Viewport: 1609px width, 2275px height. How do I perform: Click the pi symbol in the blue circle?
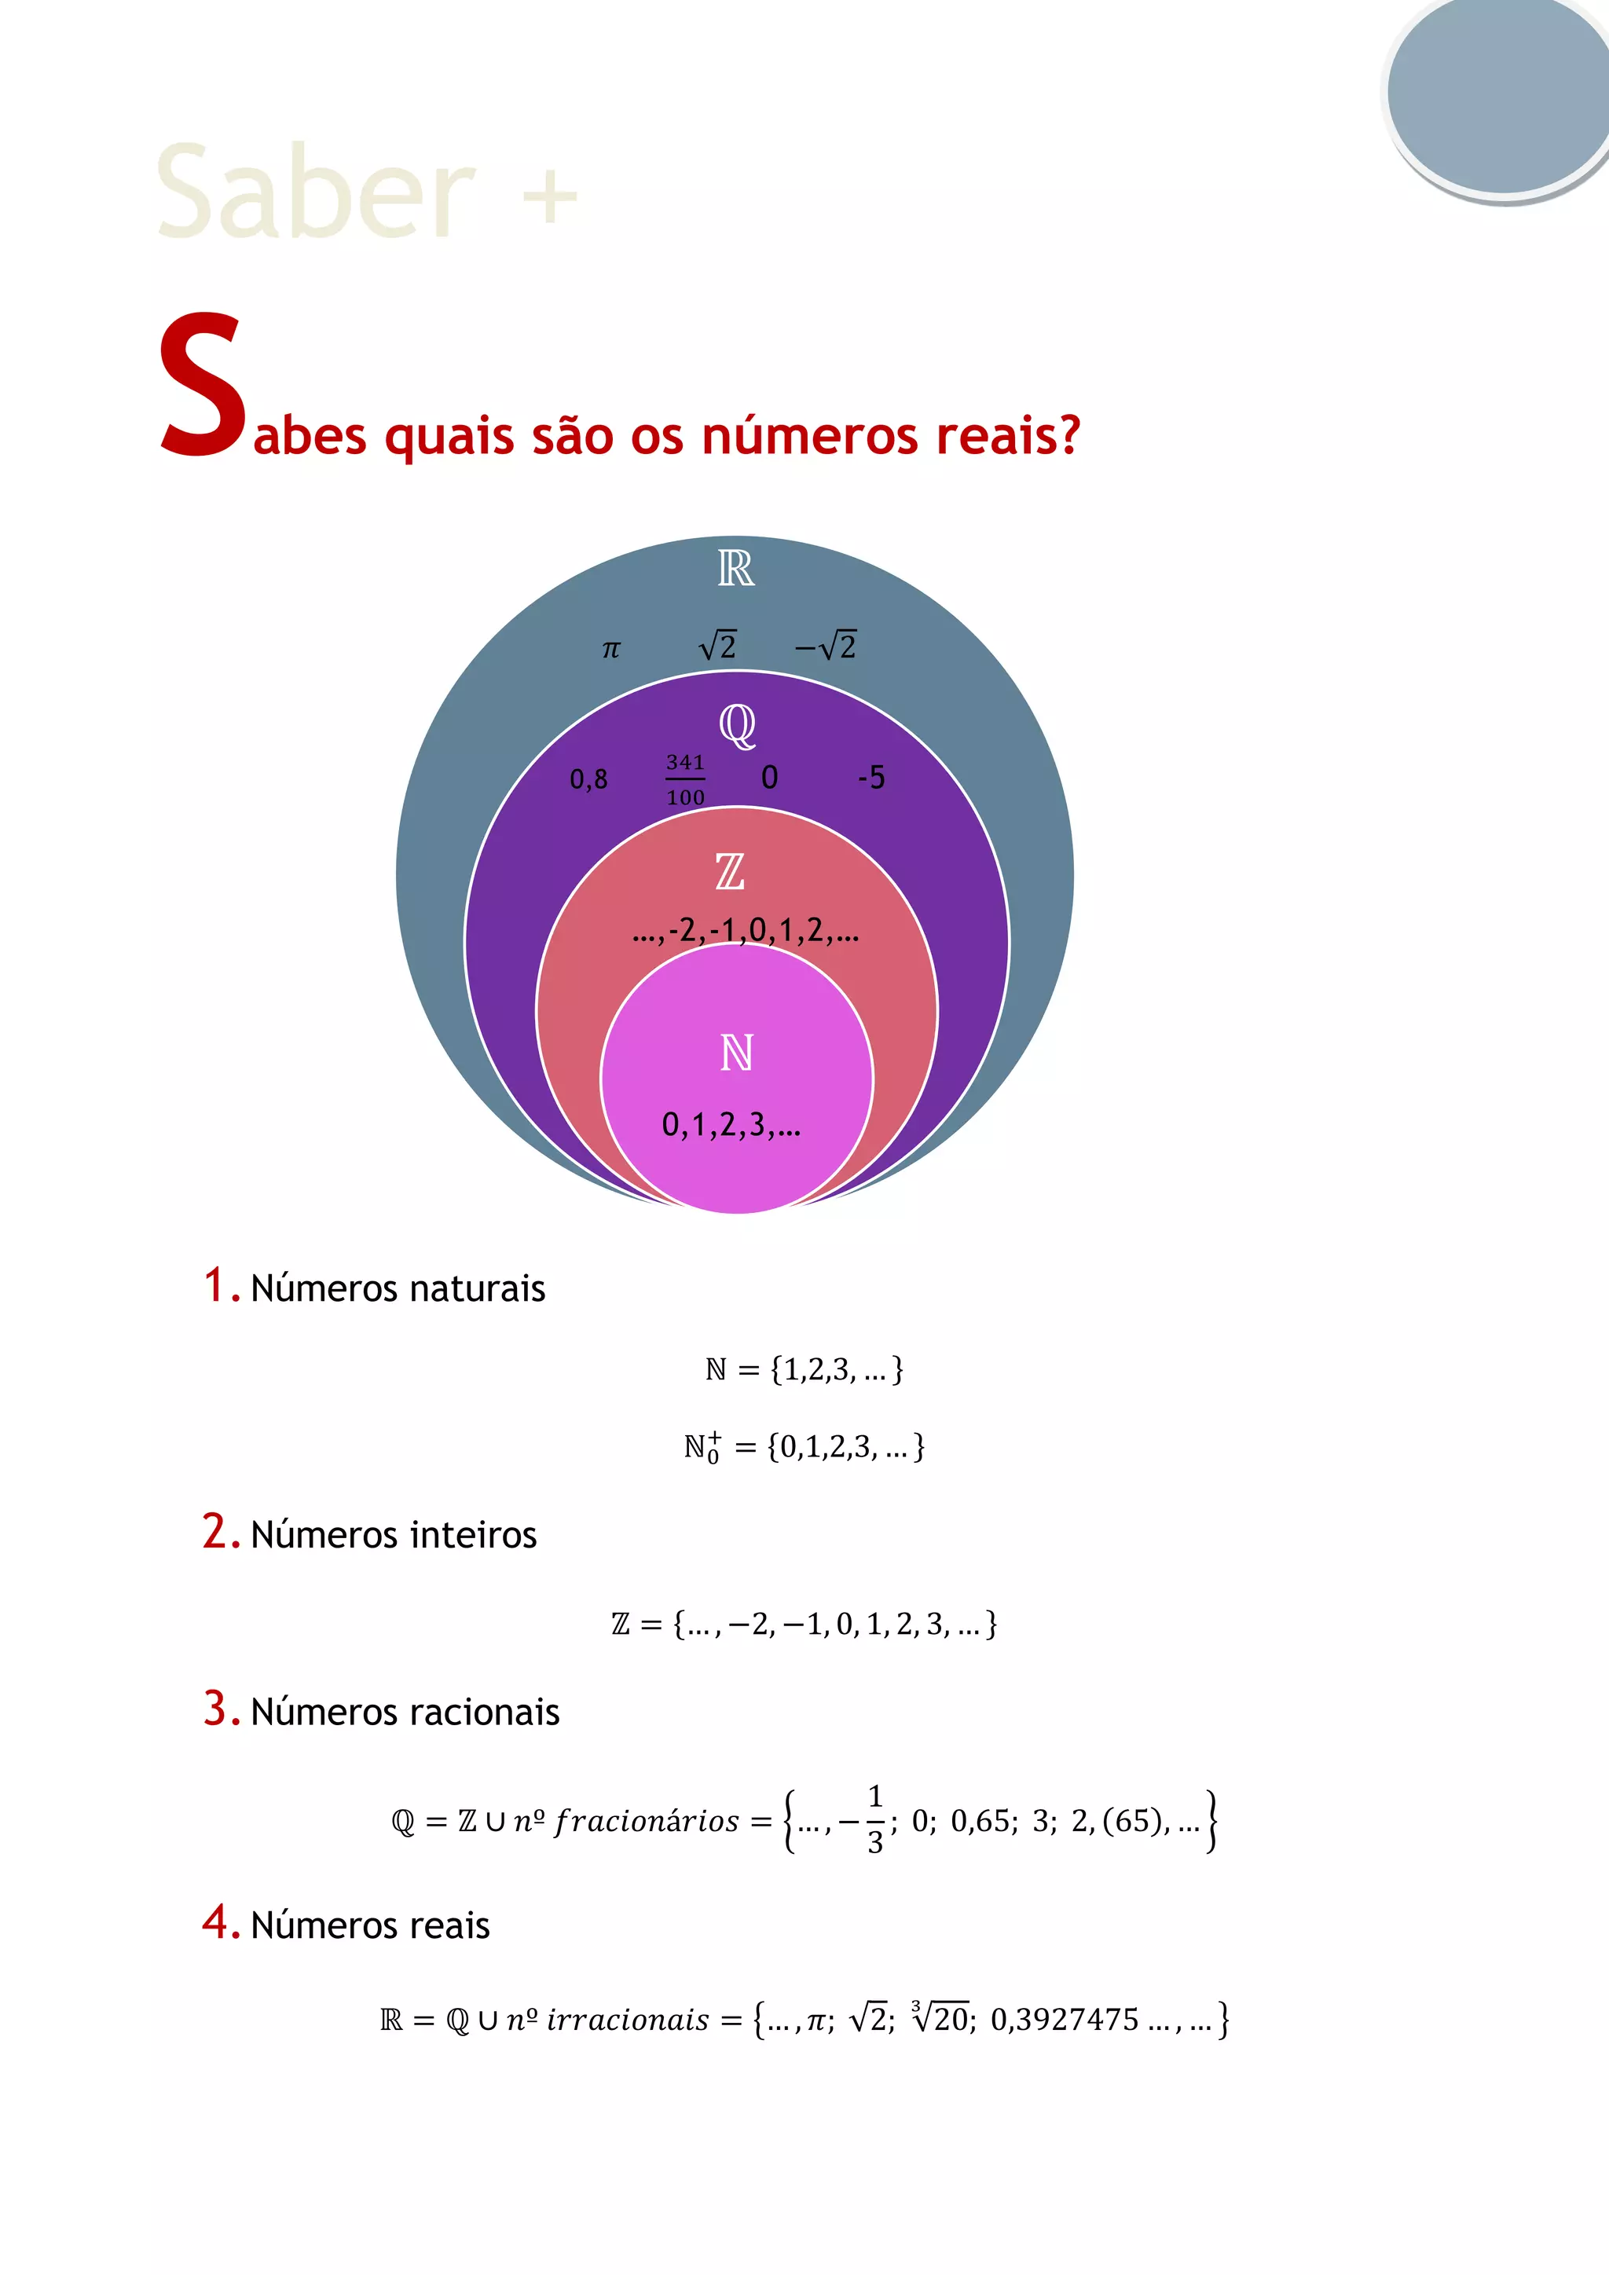pyautogui.click(x=610, y=650)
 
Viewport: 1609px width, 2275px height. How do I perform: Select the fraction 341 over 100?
pyautogui.click(x=684, y=780)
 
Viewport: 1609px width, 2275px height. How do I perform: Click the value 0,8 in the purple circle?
pyautogui.click(x=588, y=780)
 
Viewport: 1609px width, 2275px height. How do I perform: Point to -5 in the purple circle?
pyautogui.click(x=870, y=778)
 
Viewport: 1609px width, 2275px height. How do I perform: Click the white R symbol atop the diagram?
pyautogui.click(x=736, y=569)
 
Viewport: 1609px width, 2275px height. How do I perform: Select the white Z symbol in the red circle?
pyautogui.click(x=730, y=872)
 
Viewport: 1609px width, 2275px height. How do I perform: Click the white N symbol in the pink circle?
pyautogui.click(x=737, y=1053)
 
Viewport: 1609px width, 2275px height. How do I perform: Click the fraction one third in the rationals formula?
pyautogui.click(x=875, y=1819)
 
